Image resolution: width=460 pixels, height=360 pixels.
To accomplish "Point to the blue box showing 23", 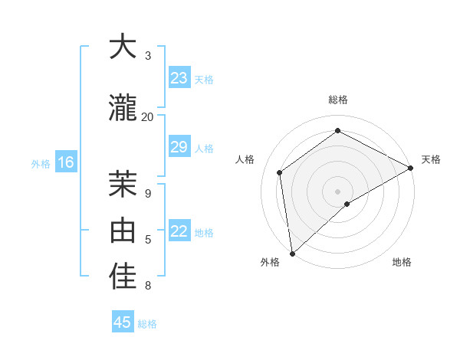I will pos(179,78).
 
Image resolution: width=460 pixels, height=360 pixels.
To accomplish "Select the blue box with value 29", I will pos(179,147).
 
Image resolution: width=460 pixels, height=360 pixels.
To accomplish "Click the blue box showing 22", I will pos(179,231).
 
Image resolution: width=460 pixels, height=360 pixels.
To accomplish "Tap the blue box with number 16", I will pos(65,162).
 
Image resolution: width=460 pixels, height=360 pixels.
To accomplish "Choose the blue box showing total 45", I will pos(123,322).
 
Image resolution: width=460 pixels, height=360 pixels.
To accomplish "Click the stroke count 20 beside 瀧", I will pos(147,116).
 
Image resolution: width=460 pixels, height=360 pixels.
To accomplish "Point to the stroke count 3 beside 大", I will pos(148,56).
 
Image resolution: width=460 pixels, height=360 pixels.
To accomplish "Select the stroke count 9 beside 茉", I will pos(148,193).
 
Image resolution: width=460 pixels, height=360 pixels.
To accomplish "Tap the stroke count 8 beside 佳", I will pos(148,286).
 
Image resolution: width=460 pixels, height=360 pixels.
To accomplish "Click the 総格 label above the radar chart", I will pos(338,100).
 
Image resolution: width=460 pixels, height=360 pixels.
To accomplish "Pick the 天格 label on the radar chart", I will pos(431,159).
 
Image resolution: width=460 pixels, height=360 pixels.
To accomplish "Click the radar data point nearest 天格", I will pos(410,168).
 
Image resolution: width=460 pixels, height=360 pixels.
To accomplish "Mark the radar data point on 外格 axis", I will pos(292,253).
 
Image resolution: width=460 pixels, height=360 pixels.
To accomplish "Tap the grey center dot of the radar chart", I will pos(337,191).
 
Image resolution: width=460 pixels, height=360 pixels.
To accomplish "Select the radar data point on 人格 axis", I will pos(280,172).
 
